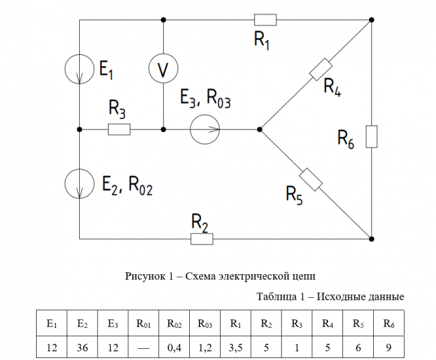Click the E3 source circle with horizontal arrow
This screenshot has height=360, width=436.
(x=205, y=130)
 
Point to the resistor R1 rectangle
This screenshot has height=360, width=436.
(x=265, y=20)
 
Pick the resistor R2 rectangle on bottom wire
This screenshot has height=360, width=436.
(x=202, y=239)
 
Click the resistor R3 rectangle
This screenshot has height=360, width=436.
(x=119, y=130)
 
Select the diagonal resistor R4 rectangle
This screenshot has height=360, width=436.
(x=320, y=69)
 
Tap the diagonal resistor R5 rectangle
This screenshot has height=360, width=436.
(x=310, y=179)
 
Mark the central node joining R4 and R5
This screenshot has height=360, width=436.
(x=260, y=130)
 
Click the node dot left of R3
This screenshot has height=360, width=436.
(x=79, y=130)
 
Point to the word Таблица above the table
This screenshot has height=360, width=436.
(x=279, y=297)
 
